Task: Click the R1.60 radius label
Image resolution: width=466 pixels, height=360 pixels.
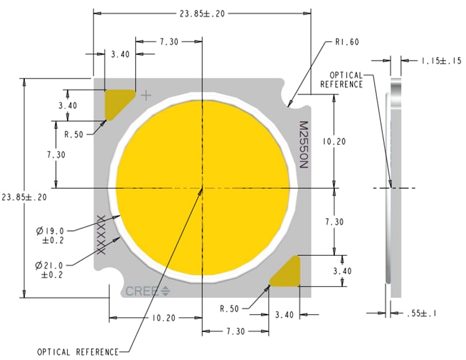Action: [x=347, y=42]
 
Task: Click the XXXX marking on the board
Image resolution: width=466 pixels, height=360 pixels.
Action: [x=100, y=235]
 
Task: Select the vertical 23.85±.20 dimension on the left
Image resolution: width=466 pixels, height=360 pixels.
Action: [x=24, y=196]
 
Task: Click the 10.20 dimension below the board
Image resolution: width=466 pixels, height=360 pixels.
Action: [x=163, y=317]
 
